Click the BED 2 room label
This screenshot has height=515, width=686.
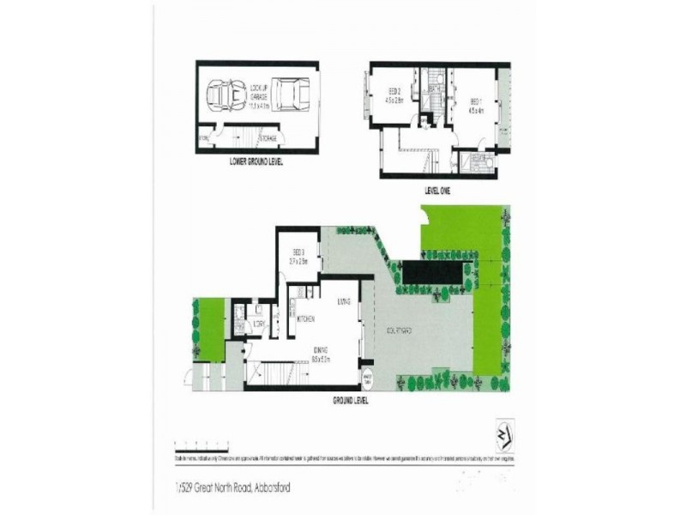tap(394, 95)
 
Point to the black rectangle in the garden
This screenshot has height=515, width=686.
tap(435, 272)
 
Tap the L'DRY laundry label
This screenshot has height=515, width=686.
tap(258, 324)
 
